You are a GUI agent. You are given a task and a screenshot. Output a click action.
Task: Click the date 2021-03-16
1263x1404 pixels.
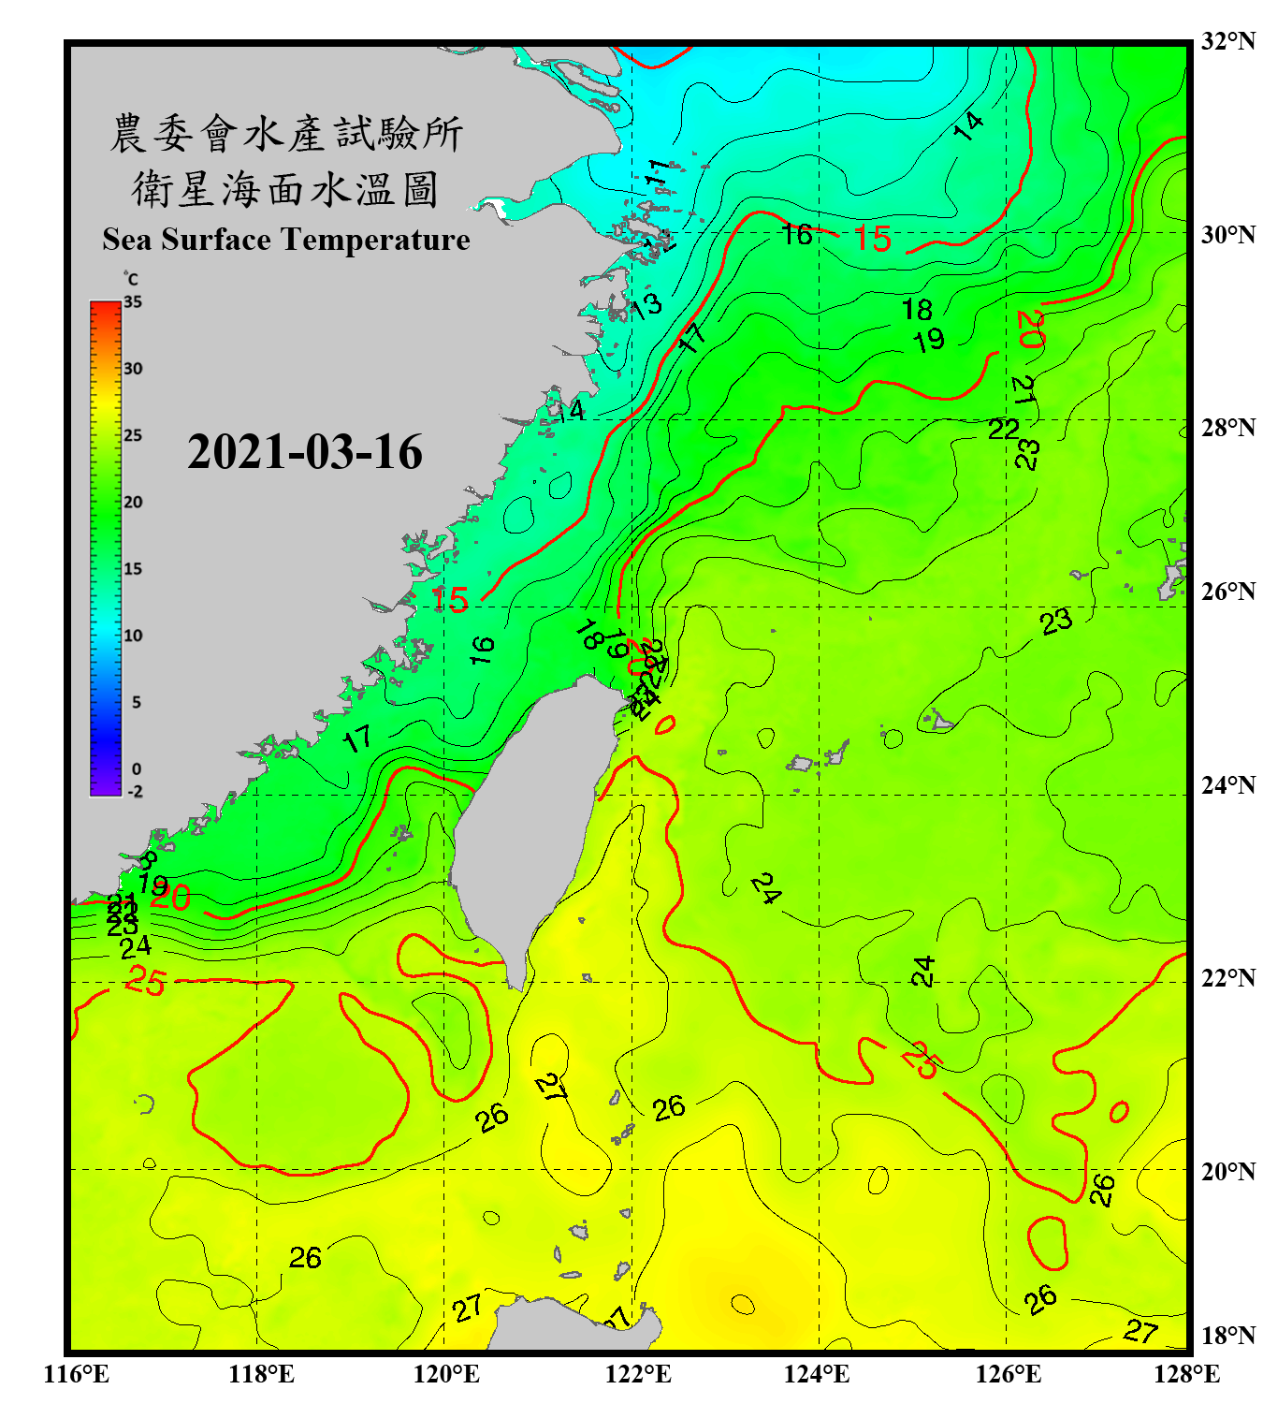[304, 452]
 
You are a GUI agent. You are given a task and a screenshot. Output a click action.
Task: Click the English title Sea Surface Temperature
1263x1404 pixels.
[286, 240]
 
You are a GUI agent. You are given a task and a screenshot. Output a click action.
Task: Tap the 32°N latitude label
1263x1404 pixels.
[1227, 41]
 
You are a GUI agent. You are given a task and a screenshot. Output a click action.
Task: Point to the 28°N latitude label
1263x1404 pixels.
[1227, 428]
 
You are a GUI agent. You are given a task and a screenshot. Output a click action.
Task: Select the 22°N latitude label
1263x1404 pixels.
[1227, 978]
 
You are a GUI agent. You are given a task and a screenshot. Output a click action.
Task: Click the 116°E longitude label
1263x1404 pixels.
[77, 1374]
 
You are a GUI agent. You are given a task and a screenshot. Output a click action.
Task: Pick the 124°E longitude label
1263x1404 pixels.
[817, 1374]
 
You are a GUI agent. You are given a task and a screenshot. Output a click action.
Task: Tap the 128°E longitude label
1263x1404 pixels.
[1186, 1374]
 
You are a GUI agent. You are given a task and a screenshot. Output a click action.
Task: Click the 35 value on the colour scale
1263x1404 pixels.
[133, 302]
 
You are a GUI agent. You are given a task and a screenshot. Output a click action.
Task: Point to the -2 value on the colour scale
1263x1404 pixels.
[135, 791]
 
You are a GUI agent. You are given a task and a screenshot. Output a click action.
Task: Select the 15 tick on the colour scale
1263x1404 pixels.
[133, 569]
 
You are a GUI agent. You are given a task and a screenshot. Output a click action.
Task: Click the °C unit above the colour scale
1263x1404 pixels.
[131, 279]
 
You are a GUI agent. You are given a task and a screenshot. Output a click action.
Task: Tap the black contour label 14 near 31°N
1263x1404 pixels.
[968, 125]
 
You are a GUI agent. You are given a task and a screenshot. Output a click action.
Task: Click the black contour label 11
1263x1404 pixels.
[658, 172]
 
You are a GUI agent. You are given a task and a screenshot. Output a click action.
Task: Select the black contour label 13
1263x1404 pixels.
[645, 305]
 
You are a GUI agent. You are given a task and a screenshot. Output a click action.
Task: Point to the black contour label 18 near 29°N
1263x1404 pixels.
[917, 309]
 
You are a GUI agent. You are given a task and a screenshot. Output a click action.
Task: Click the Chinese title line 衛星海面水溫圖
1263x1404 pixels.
[285, 189]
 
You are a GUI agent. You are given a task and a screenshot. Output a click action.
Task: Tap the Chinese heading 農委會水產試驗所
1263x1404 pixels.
[286, 134]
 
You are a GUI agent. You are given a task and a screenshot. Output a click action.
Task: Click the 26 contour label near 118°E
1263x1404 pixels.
[305, 1258]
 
